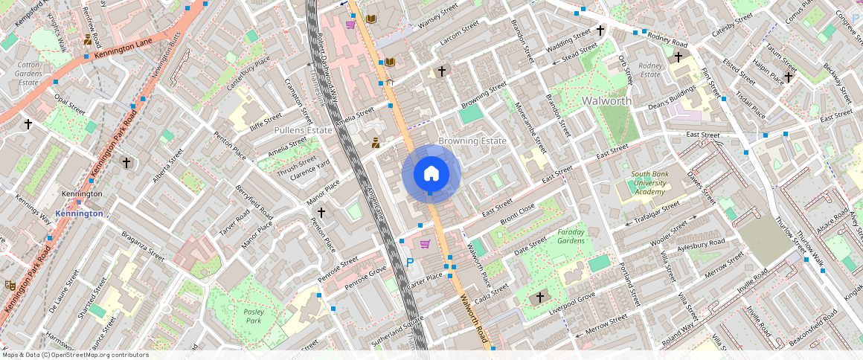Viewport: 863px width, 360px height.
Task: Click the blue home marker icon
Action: (431, 174)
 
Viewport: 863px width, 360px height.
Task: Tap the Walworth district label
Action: (606, 100)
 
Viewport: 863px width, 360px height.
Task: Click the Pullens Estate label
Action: (303, 129)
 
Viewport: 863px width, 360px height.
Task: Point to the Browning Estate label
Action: (472, 141)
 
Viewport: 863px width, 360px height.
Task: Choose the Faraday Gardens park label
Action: (571, 236)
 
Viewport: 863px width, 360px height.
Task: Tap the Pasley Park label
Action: (253, 316)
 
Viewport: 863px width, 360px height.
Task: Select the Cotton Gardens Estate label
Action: (28, 74)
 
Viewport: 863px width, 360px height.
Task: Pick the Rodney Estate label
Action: (649, 70)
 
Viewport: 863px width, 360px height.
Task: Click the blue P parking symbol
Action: (410, 262)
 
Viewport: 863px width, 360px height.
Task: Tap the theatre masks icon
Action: (10, 285)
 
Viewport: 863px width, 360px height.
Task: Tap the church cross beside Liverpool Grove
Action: (540, 298)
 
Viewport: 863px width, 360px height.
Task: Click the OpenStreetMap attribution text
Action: (74, 355)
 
